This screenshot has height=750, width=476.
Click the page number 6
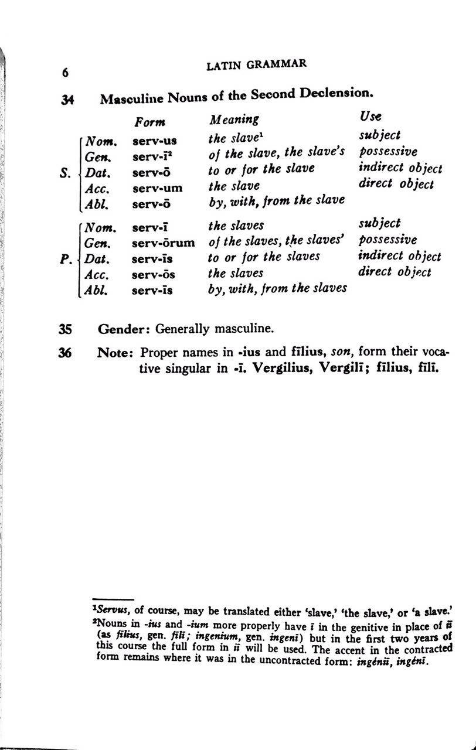(66, 73)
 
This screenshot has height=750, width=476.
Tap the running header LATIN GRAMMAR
(257, 65)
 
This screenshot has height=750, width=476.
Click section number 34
(66, 100)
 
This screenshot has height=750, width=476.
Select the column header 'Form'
(149, 122)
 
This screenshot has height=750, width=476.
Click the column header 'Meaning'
(234, 120)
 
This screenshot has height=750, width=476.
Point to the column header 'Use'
(370, 117)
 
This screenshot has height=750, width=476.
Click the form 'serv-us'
(154, 141)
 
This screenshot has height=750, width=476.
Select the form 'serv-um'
(157, 188)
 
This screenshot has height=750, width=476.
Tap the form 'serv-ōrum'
(164, 242)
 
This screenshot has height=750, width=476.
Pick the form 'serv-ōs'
(154, 274)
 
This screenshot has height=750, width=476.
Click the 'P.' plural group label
(66, 258)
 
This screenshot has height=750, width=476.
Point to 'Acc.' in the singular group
(97, 189)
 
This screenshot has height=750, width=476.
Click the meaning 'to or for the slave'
(261, 169)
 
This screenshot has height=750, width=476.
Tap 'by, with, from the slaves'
(277, 288)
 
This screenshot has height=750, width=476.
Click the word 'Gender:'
(125, 329)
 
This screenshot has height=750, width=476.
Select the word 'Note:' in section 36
(116, 353)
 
